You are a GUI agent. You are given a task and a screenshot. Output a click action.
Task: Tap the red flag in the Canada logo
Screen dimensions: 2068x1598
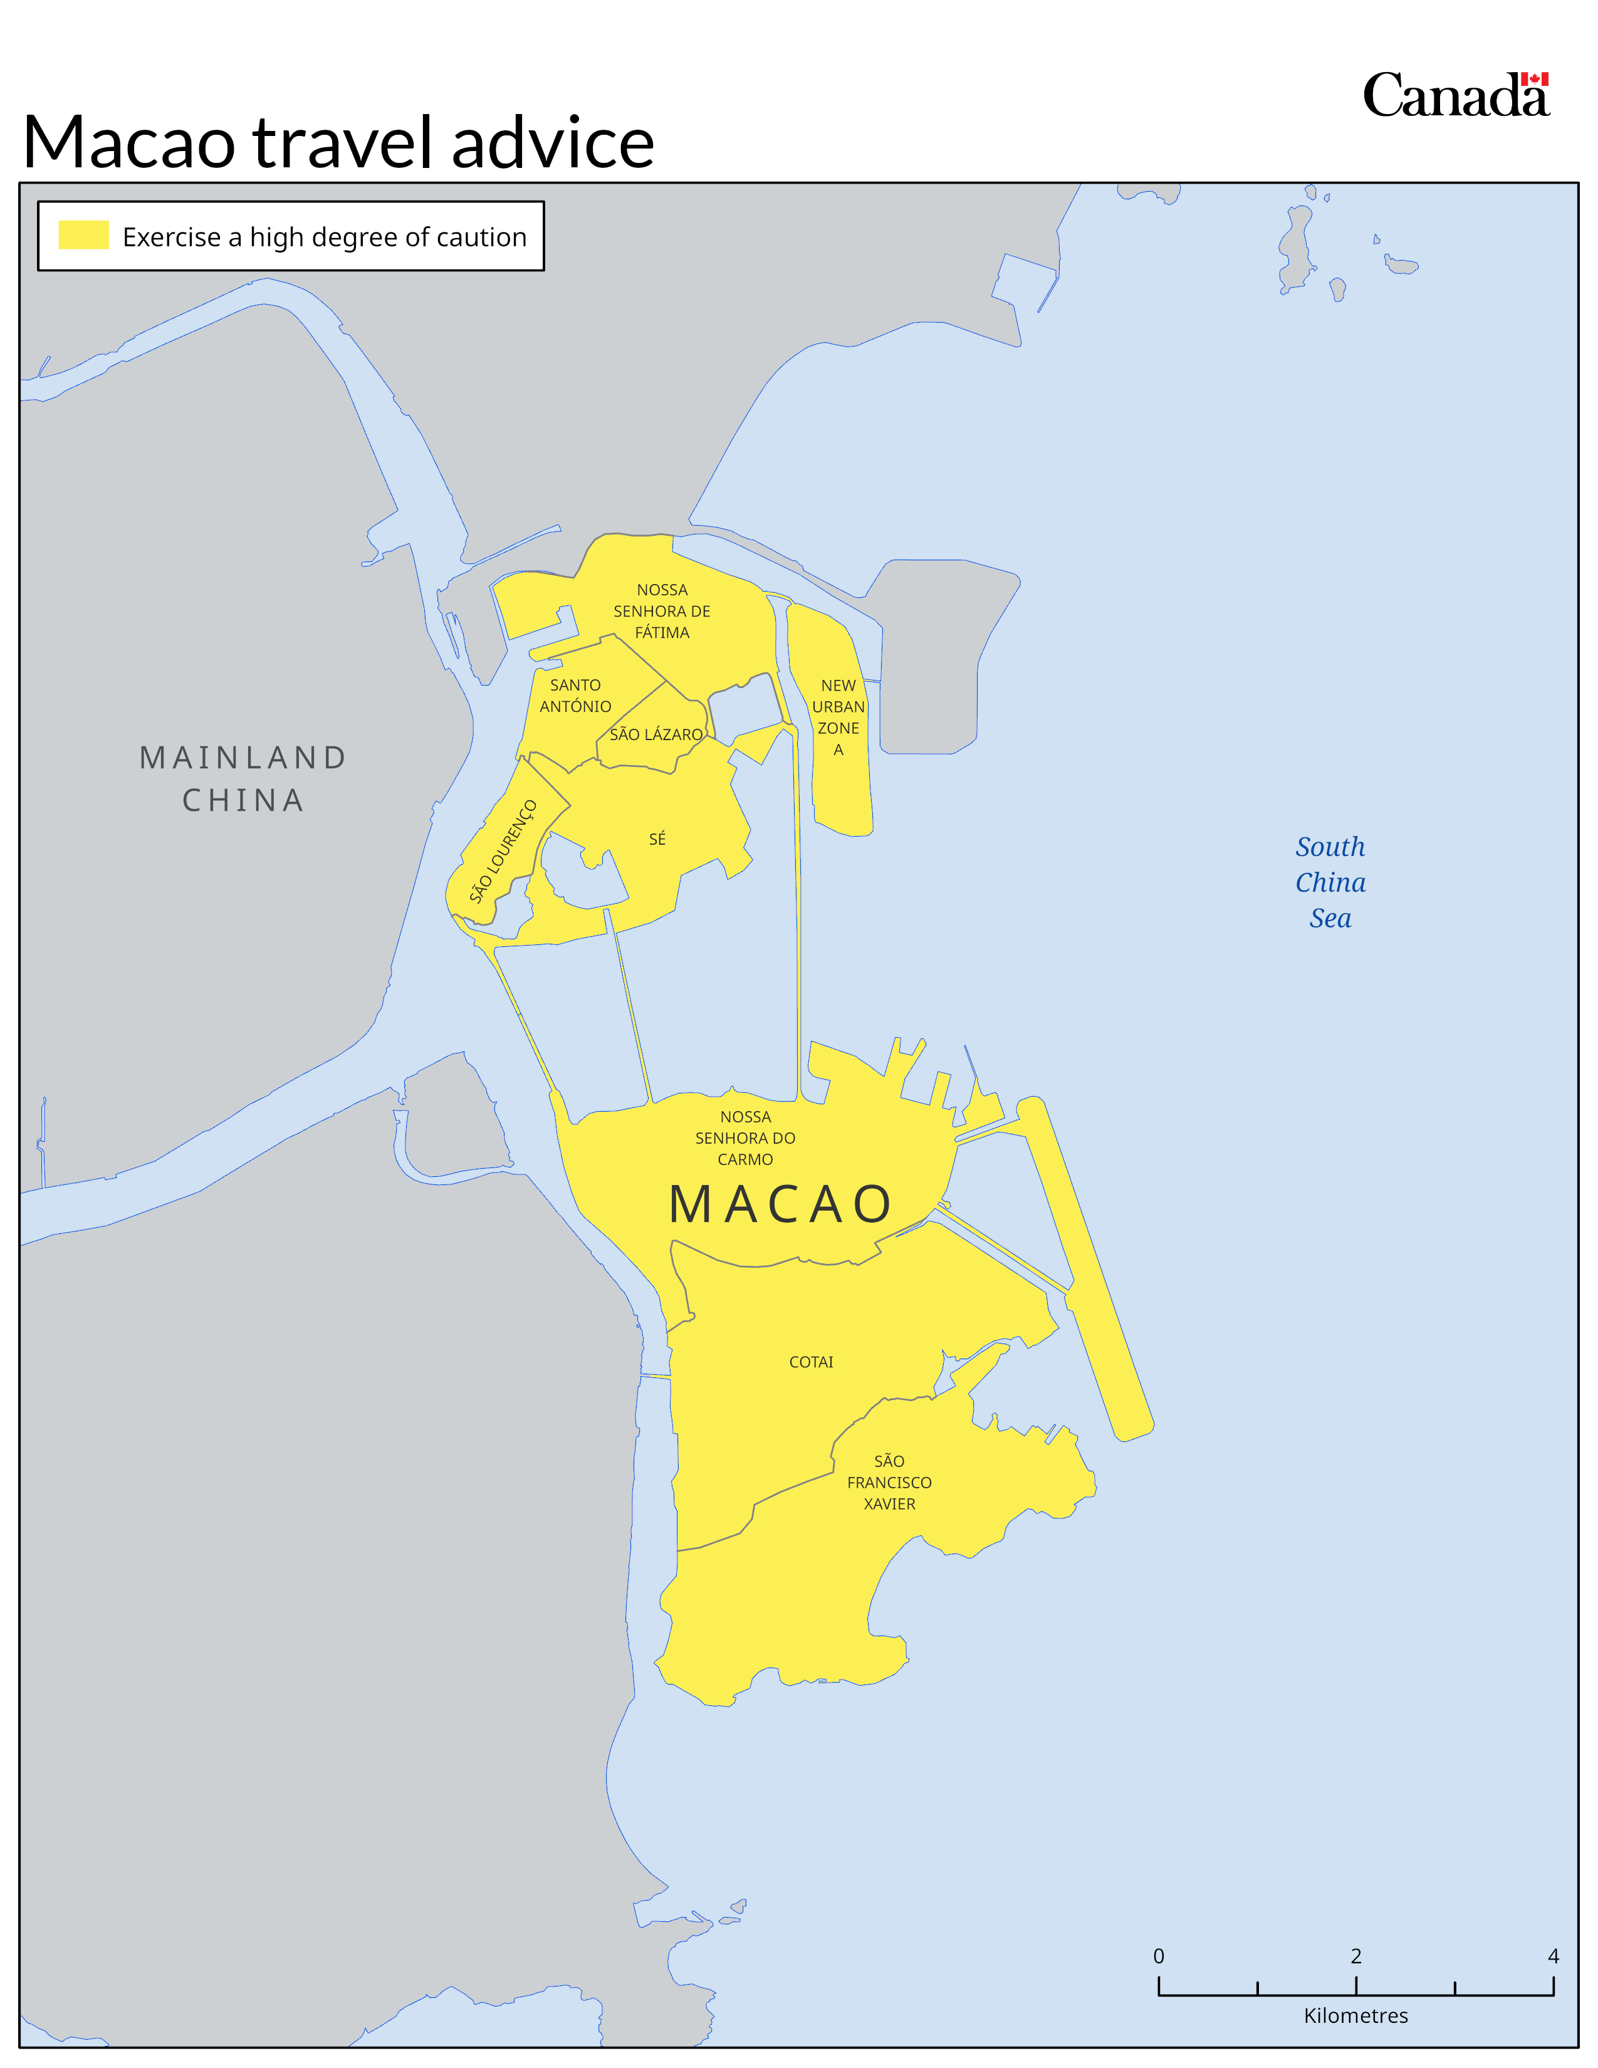click(1535, 80)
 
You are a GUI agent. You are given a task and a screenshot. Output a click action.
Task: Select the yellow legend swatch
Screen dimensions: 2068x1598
click(83, 235)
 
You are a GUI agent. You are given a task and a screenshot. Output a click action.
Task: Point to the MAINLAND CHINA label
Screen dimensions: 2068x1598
click(243, 778)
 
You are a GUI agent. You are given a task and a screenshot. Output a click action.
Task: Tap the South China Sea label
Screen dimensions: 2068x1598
click(1330, 882)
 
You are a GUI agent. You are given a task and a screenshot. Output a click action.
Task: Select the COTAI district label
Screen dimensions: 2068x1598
click(812, 1362)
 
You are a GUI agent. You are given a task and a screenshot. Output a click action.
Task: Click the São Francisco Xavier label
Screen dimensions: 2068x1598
click(889, 1482)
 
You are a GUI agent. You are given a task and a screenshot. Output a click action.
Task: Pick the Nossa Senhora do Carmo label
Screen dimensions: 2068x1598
click(745, 1137)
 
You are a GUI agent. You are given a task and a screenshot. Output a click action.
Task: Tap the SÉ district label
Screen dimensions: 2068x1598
click(657, 839)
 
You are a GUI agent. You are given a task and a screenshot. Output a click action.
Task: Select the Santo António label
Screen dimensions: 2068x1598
click(575, 695)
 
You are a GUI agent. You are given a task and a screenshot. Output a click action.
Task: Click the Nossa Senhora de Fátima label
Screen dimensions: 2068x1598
click(662, 611)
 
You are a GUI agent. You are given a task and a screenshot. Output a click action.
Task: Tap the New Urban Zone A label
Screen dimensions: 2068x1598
click(838, 717)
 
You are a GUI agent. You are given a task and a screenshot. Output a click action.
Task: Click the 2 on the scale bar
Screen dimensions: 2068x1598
click(1355, 1955)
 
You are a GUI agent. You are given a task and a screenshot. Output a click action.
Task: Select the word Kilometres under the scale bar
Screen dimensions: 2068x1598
click(1355, 2015)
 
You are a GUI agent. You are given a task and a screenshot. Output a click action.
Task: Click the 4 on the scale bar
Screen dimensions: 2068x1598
click(1552, 1955)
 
